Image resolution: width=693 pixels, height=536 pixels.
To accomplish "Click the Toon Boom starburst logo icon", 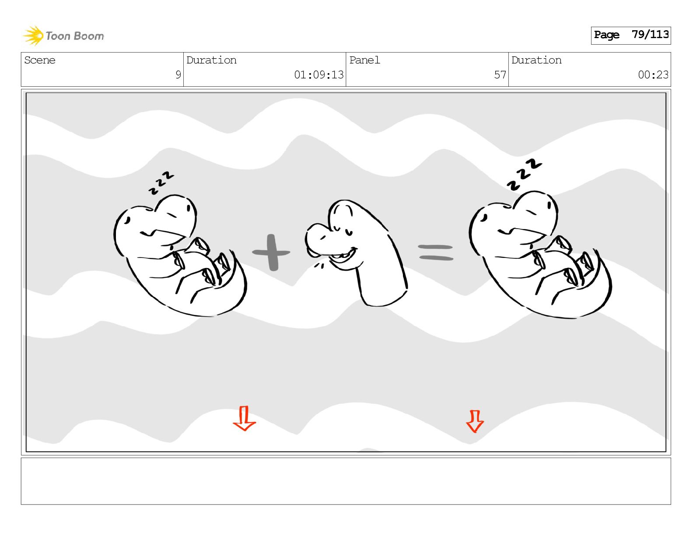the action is (x=33, y=36).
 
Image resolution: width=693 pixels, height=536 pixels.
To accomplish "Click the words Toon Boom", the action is (x=75, y=36).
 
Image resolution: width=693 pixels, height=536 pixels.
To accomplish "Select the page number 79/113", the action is (x=650, y=35).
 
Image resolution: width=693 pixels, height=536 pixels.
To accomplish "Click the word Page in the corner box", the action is (x=606, y=35).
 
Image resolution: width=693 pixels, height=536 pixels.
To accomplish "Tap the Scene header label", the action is (x=40, y=60).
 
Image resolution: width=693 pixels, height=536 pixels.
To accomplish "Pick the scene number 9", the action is (x=178, y=75).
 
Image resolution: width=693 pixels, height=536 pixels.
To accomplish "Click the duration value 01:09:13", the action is (x=318, y=75).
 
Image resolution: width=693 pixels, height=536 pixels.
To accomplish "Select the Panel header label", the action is (x=364, y=60).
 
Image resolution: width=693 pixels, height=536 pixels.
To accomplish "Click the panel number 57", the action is (x=500, y=75).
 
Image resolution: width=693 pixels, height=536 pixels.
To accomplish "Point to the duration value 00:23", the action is (x=653, y=75).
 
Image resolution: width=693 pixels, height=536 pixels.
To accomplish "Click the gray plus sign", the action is (x=271, y=253).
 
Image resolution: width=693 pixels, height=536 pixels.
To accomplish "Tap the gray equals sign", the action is (x=436, y=252).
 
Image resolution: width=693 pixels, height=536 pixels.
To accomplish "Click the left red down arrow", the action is (x=244, y=418).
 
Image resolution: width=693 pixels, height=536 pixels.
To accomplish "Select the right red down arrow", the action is (x=475, y=421).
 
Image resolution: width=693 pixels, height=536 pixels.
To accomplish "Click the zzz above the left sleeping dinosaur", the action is (x=161, y=183).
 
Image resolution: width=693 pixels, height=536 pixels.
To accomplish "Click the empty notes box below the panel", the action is (x=346, y=481).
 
